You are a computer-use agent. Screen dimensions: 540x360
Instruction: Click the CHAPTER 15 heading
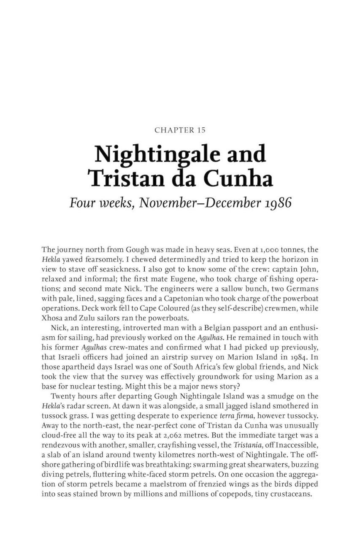(180, 130)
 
